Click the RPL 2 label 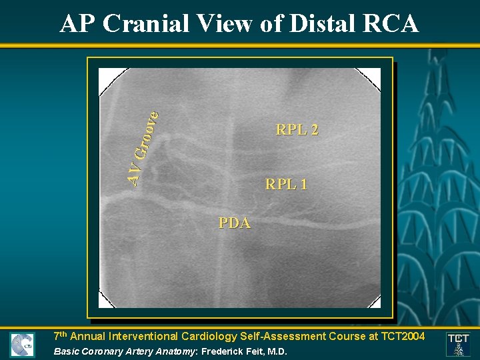[297, 130]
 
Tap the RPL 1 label [286, 184]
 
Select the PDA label [235, 223]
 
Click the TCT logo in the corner [458, 343]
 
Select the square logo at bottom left [22, 345]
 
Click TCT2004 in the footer [401, 337]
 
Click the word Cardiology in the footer [213, 337]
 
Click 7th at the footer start [61, 336]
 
